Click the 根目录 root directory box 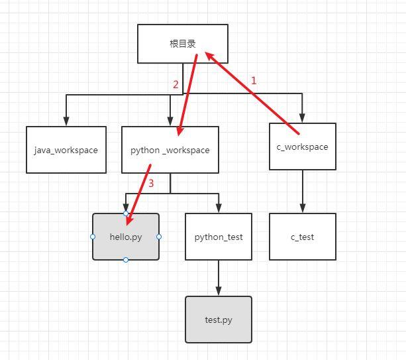182,44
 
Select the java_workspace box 66,150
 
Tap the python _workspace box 170,150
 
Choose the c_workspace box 302,147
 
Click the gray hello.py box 126,237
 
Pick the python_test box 219,237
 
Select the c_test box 302,237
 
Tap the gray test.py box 219,320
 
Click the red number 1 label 253,80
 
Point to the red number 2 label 176,84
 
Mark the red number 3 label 150,184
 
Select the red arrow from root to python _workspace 188,93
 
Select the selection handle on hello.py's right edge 159,237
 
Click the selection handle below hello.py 126,260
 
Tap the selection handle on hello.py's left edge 93,237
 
